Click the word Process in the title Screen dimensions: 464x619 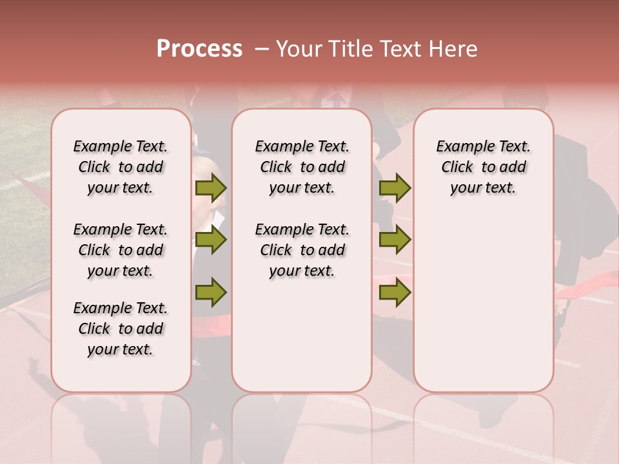click(x=199, y=49)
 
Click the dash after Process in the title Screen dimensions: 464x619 click(x=262, y=49)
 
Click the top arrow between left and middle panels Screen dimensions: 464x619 click(x=211, y=188)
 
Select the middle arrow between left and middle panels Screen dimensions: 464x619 click(x=211, y=240)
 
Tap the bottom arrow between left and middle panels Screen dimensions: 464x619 click(x=211, y=291)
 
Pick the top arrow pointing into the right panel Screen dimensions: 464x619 click(x=395, y=188)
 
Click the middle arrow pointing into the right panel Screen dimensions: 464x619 click(x=395, y=240)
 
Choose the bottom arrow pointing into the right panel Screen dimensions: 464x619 click(x=395, y=291)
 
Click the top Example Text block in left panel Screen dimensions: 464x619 click(x=121, y=167)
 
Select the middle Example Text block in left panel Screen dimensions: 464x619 click(x=121, y=250)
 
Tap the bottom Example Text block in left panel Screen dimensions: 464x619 click(x=121, y=329)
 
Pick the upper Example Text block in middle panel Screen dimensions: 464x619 click(x=302, y=167)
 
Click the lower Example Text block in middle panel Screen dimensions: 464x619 click(x=302, y=250)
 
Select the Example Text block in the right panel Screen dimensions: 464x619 click(x=484, y=167)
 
